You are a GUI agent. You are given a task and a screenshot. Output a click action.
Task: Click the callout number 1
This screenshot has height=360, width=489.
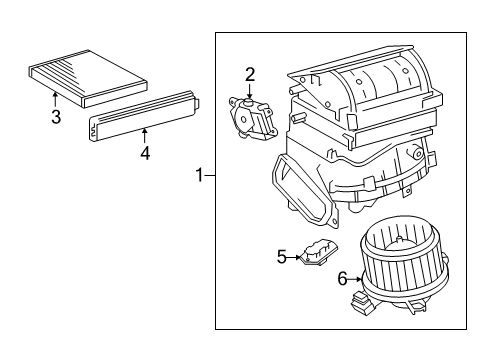[x=199, y=175]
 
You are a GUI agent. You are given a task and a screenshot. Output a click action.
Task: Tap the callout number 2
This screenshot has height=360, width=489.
[x=250, y=72]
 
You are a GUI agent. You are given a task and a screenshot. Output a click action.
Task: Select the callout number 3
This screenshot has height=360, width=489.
[x=56, y=117]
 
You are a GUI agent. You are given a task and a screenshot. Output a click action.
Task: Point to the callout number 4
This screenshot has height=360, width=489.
[x=145, y=153]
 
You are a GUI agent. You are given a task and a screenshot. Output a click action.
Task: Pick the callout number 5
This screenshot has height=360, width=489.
[x=282, y=257]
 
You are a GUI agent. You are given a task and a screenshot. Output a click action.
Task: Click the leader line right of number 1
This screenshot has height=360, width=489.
[x=210, y=175]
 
